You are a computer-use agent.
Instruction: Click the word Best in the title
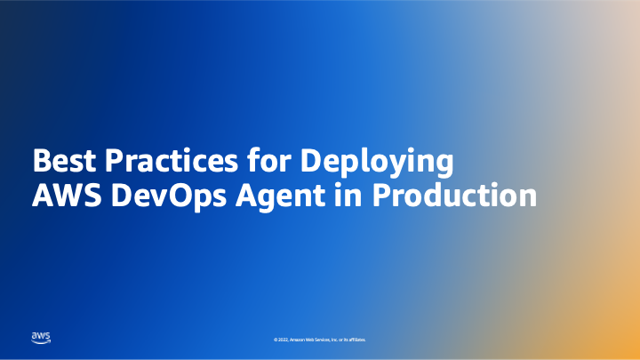(64, 163)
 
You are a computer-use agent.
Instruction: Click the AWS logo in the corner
(42, 337)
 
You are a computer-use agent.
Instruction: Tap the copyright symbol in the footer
(276, 340)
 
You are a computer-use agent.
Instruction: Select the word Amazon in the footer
(299, 340)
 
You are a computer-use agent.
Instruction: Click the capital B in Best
(41, 163)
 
